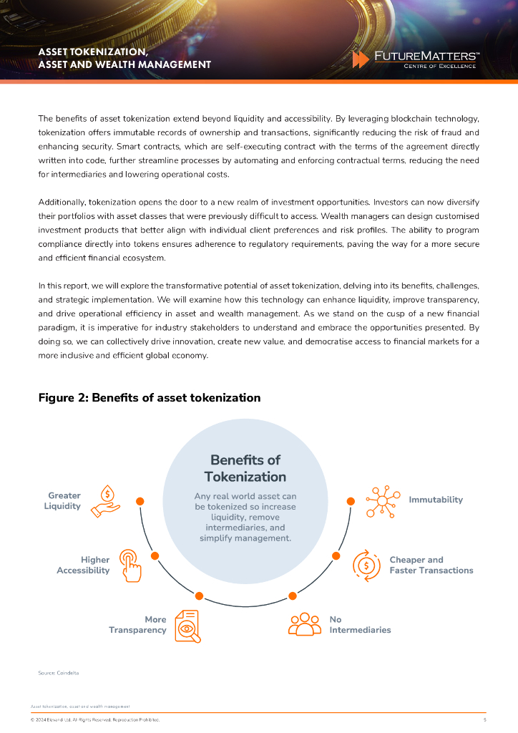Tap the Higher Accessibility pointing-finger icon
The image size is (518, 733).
(130, 565)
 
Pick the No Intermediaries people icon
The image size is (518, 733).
(305, 624)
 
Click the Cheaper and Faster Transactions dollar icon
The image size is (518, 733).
(367, 564)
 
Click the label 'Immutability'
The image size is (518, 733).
(436, 500)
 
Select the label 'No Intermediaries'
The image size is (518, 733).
(360, 624)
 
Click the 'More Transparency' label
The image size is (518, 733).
(137, 624)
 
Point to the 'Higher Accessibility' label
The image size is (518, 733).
(84, 565)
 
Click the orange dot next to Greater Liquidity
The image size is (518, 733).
(140, 501)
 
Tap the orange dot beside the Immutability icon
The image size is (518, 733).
(351, 501)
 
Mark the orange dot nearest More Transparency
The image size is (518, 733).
(200, 596)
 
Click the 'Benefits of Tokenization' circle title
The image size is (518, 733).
(245, 468)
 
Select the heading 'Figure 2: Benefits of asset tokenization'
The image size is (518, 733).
(149, 397)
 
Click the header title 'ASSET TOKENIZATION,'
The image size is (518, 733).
(93, 52)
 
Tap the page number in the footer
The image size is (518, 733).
(484, 719)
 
